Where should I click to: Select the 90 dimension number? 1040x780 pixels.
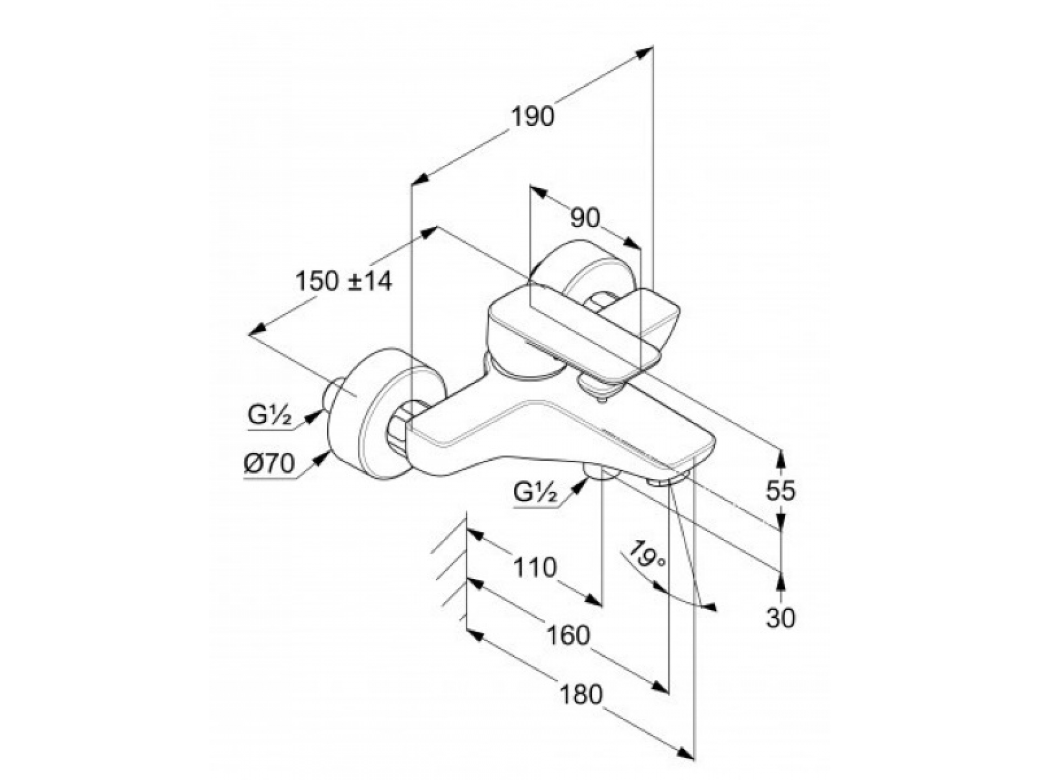[585, 218]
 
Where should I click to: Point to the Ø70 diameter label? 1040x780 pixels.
[269, 463]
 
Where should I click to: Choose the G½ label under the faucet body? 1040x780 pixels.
[536, 492]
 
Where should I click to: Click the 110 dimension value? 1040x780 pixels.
[535, 567]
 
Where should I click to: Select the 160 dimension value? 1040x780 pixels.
[568, 635]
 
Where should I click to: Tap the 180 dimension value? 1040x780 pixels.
[580, 694]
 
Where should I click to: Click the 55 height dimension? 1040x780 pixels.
[781, 490]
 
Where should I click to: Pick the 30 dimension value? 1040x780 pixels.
[781, 618]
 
